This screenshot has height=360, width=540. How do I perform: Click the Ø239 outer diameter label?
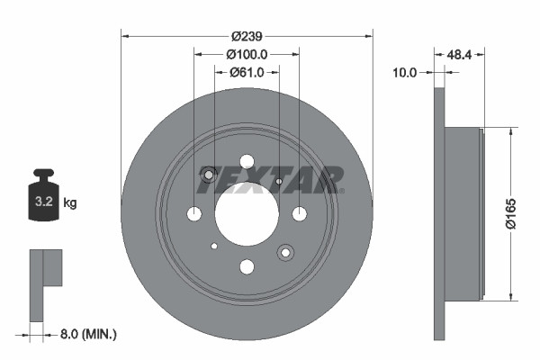coord(247,37)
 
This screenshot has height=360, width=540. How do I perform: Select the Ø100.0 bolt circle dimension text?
coord(247,55)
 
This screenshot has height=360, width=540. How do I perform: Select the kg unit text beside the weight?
coord(70,203)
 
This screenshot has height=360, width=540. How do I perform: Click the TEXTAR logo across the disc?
coord(270,180)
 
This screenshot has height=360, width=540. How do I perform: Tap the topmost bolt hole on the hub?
coord(247,161)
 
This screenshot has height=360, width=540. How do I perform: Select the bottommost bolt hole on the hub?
coord(247,266)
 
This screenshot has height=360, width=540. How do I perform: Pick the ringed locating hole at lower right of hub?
coord(285,252)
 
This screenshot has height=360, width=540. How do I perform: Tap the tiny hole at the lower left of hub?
coord(214,246)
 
